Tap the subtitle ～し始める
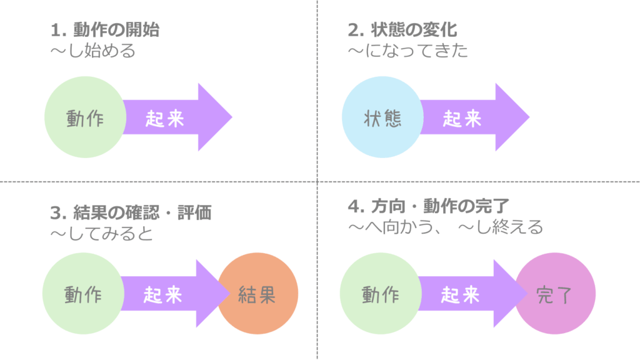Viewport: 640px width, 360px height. (92, 51)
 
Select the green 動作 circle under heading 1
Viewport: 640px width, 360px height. (84, 118)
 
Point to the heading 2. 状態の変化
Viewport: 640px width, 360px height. (402, 30)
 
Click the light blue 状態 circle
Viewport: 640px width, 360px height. (381, 118)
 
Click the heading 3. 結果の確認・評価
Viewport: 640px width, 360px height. (131, 212)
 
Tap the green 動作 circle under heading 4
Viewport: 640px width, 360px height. (379, 294)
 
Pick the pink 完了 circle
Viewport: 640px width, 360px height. (555, 294)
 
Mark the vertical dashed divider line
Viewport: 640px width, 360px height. (317, 94)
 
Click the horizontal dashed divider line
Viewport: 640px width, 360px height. (156, 182)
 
